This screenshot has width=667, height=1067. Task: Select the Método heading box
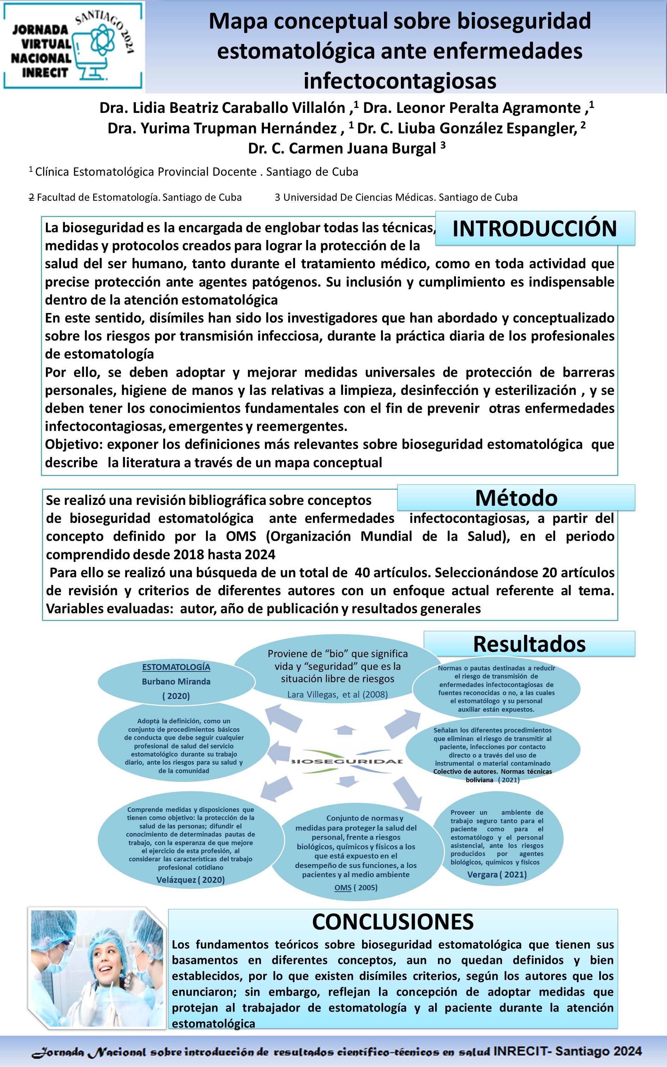[516, 498]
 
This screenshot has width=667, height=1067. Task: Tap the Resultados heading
[529, 644]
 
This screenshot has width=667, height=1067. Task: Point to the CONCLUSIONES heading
[392, 922]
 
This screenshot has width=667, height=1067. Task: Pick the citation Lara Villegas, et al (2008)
[337, 694]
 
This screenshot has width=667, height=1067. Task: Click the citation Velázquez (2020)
[190, 880]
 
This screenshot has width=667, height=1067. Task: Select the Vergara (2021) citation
[497, 874]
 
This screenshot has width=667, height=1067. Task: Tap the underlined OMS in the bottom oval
[343, 887]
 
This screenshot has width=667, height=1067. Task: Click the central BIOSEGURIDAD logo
[347, 761]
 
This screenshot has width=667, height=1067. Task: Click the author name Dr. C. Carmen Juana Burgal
[342, 148]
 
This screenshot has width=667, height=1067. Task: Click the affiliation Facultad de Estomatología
[139, 197]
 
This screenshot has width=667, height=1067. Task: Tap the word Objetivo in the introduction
[73, 445]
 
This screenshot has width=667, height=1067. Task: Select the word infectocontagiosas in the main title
[399, 81]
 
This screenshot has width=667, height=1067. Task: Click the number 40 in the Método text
[362, 572]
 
